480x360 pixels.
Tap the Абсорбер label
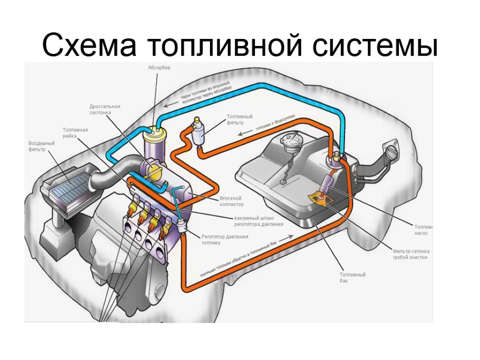click(159, 67)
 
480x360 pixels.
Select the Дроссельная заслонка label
click(105, 109)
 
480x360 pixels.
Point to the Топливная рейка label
click(76, 133)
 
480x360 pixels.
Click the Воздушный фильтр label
click(42, 146)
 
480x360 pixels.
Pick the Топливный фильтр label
click(240, 120)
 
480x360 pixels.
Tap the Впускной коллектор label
click(232, 201)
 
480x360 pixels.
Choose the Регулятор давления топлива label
click(225, 240)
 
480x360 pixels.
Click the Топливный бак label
click(352, 277)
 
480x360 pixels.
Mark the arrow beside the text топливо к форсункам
click(243, 134)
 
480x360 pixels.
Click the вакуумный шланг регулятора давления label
click(259, 221)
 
